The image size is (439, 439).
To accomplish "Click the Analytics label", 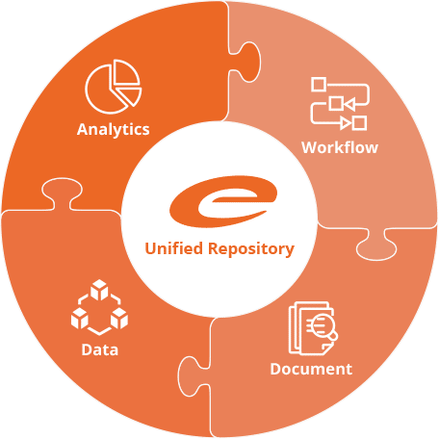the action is [114, 130].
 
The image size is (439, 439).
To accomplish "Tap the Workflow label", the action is [340, 147].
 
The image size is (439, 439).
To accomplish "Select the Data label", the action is [100, 349].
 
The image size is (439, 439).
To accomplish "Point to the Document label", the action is [311, 369].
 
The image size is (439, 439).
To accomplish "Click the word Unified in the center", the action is [173, 248].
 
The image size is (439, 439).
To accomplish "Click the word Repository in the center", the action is [251, 249].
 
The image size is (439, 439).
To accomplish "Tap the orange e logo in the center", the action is [223, 201].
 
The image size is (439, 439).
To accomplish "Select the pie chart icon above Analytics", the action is [113, 87].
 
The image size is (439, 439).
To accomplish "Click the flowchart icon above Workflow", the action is [340, 103].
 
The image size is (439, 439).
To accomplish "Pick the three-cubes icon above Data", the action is [99, 307].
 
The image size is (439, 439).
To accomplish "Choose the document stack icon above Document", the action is [313, 328].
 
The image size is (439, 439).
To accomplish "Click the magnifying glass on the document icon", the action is [323, 325].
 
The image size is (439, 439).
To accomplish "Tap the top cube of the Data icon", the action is [99, 289].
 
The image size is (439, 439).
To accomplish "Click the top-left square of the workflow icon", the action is [319, 84].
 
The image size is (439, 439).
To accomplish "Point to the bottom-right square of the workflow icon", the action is [359, 123].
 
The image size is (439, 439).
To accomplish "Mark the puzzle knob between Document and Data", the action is [193, 376].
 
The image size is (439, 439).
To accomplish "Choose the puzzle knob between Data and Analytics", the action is [62, 193].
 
